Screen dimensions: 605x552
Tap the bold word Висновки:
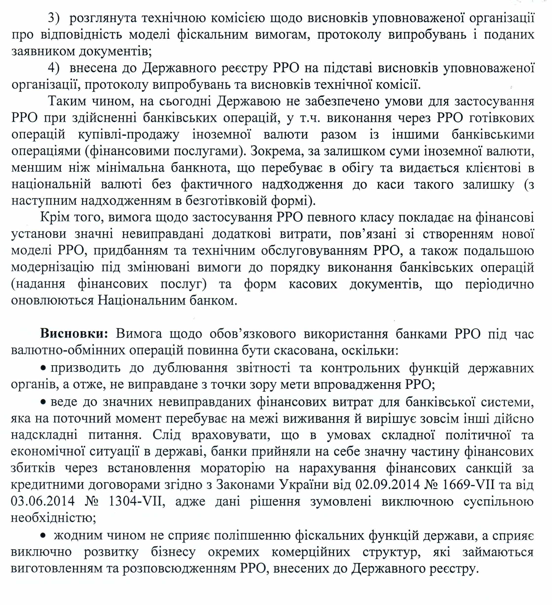(x=74, y=334)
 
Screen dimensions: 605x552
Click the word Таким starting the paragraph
(x=67, y=101)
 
